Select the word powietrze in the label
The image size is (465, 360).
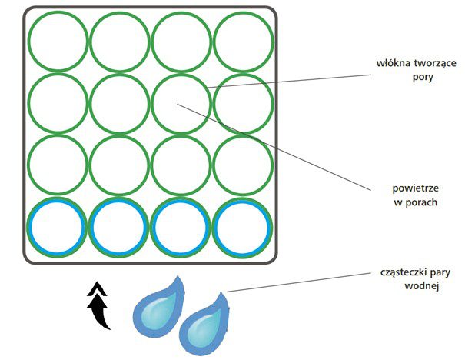coord(413,188)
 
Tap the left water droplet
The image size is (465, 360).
coord(158,305)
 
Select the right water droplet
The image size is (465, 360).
coord(204,319)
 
